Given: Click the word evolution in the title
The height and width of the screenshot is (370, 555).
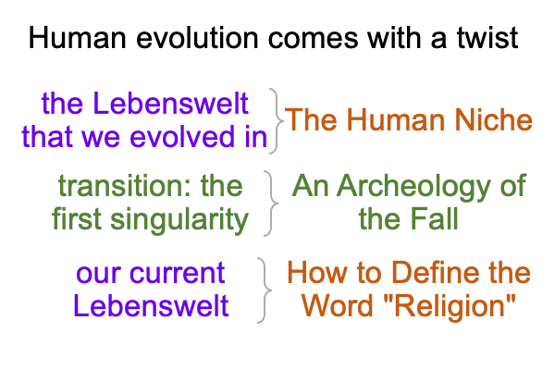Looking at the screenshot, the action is point(197,38).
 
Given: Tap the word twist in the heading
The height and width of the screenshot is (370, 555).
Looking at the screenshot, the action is point(487,38).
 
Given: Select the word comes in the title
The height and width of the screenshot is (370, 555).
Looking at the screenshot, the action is point(314,38).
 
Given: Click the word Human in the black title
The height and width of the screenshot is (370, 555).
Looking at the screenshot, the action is point(78,38).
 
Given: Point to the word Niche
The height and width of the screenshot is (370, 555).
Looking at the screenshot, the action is point(493,120).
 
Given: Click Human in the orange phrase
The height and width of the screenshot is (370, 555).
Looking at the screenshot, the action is point(395,120).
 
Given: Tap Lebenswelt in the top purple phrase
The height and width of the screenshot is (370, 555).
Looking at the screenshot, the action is point(171,104).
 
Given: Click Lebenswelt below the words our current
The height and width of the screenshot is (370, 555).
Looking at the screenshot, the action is point(151,306).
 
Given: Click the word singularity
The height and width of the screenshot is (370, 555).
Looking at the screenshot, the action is point(179,220).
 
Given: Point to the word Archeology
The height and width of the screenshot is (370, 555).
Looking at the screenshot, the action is point(413,187).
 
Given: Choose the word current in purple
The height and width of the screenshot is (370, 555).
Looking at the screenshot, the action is point(177,274).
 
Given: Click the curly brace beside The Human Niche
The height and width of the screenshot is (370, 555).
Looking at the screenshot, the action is point(277,121).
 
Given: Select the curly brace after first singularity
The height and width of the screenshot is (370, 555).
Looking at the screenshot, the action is point(271,203).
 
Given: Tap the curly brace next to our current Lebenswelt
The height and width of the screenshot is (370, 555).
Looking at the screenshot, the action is point(265,290).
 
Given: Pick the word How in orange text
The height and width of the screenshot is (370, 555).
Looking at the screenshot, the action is point(316,273).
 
